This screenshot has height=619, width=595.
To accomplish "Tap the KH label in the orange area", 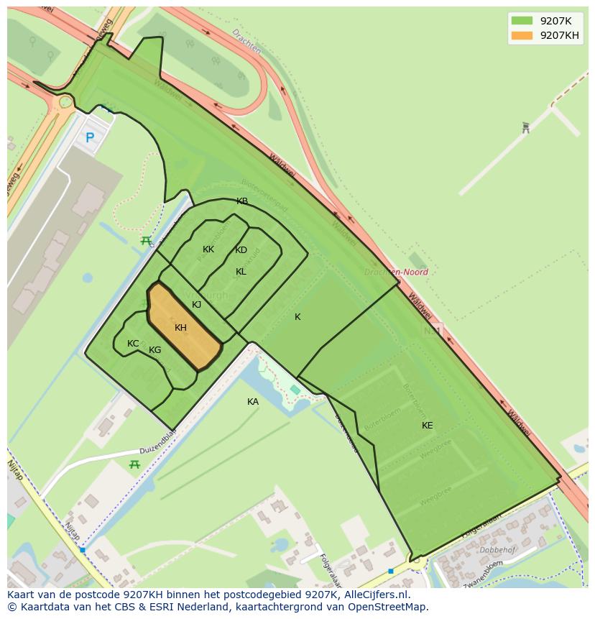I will point(180,328).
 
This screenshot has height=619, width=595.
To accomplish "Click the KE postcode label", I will point(428,426).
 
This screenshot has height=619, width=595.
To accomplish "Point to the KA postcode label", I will point(253,402).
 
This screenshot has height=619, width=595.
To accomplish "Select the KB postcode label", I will point(242,201).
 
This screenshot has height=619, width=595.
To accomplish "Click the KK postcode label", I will point(208,249).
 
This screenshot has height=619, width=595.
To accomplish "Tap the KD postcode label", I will point(241,250).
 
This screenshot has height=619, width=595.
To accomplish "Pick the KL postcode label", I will point(241,272).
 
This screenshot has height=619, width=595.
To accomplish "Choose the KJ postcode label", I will point(197,305).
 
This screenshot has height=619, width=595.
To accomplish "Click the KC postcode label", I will point(133,344).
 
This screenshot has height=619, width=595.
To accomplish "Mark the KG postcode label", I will point(155,350).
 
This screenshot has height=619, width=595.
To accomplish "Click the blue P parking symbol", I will point(90,137).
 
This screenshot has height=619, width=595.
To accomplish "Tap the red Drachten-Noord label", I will point(396,272).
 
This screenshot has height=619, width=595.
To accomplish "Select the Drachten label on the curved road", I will point(246,43).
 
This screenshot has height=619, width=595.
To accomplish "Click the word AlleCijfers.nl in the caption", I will point(374,595).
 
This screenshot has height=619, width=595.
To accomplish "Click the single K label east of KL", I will point(297,317).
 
